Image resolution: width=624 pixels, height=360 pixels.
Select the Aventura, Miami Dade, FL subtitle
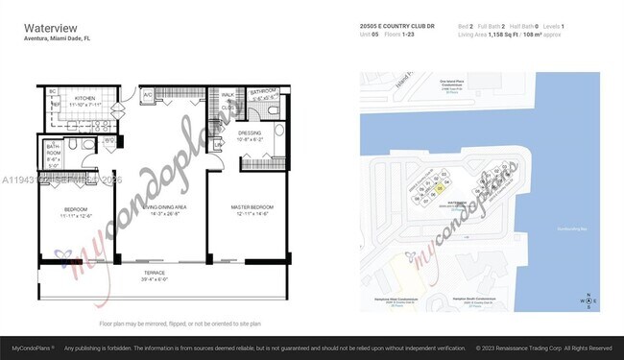tap(57, 38)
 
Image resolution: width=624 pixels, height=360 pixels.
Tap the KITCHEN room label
tap(85, 98)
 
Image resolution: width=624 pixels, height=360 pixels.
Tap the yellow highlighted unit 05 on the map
tap(439, 188)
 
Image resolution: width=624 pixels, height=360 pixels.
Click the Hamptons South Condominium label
tap(462, 302)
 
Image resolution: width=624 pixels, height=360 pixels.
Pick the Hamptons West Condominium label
tap(396, 302)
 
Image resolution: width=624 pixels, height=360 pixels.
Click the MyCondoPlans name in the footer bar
tap(32, 348)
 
